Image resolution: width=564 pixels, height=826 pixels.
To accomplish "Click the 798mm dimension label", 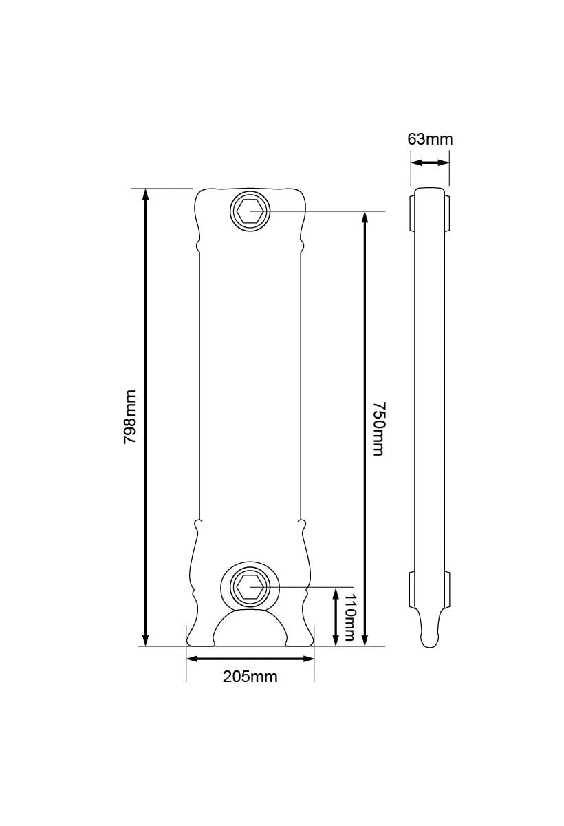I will pos(130,416).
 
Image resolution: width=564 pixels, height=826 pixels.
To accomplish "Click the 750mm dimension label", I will pos(377,428).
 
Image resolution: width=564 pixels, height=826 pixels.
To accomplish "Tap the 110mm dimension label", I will pos(349,617).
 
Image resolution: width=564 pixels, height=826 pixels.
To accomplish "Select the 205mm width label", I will pos(250,677).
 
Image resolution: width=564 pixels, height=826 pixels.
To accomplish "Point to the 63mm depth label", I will pos(430,139).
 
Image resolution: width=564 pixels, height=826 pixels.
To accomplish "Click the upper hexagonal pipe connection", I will pos(250,211).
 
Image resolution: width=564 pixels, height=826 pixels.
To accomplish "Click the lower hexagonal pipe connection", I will pos(250,587).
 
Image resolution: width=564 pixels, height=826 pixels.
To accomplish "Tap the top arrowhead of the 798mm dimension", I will pos(145,194).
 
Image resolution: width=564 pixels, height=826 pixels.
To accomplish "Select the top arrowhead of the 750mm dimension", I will pos(365,217).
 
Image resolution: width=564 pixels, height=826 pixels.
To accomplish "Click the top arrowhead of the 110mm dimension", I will pos(335,593).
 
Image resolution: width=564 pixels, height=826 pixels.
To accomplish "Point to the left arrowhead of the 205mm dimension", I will pos(193,659).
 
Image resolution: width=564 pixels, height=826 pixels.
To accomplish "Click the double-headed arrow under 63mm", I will pos(430,163).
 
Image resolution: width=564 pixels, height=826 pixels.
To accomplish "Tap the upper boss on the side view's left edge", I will pos(412,213).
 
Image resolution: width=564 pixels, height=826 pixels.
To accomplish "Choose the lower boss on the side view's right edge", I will pos(448,589).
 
